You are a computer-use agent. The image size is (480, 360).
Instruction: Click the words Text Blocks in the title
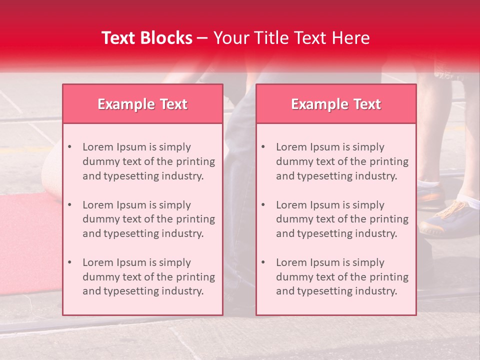[146, 38]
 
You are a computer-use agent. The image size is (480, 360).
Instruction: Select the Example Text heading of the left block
[142, 104]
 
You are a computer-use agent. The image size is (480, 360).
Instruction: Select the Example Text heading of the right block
[336, 104]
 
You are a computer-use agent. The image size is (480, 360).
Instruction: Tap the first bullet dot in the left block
[69, 147]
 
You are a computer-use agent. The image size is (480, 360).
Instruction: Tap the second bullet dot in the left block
[69, 205]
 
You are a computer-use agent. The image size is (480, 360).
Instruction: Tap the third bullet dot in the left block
[69, 262]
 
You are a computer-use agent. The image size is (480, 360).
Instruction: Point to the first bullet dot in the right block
[263, 147]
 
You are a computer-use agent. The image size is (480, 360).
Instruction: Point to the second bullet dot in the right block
[263, 205]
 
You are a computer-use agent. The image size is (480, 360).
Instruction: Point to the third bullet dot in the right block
[263, 262]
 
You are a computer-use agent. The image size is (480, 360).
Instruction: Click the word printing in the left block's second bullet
[196, 219]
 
